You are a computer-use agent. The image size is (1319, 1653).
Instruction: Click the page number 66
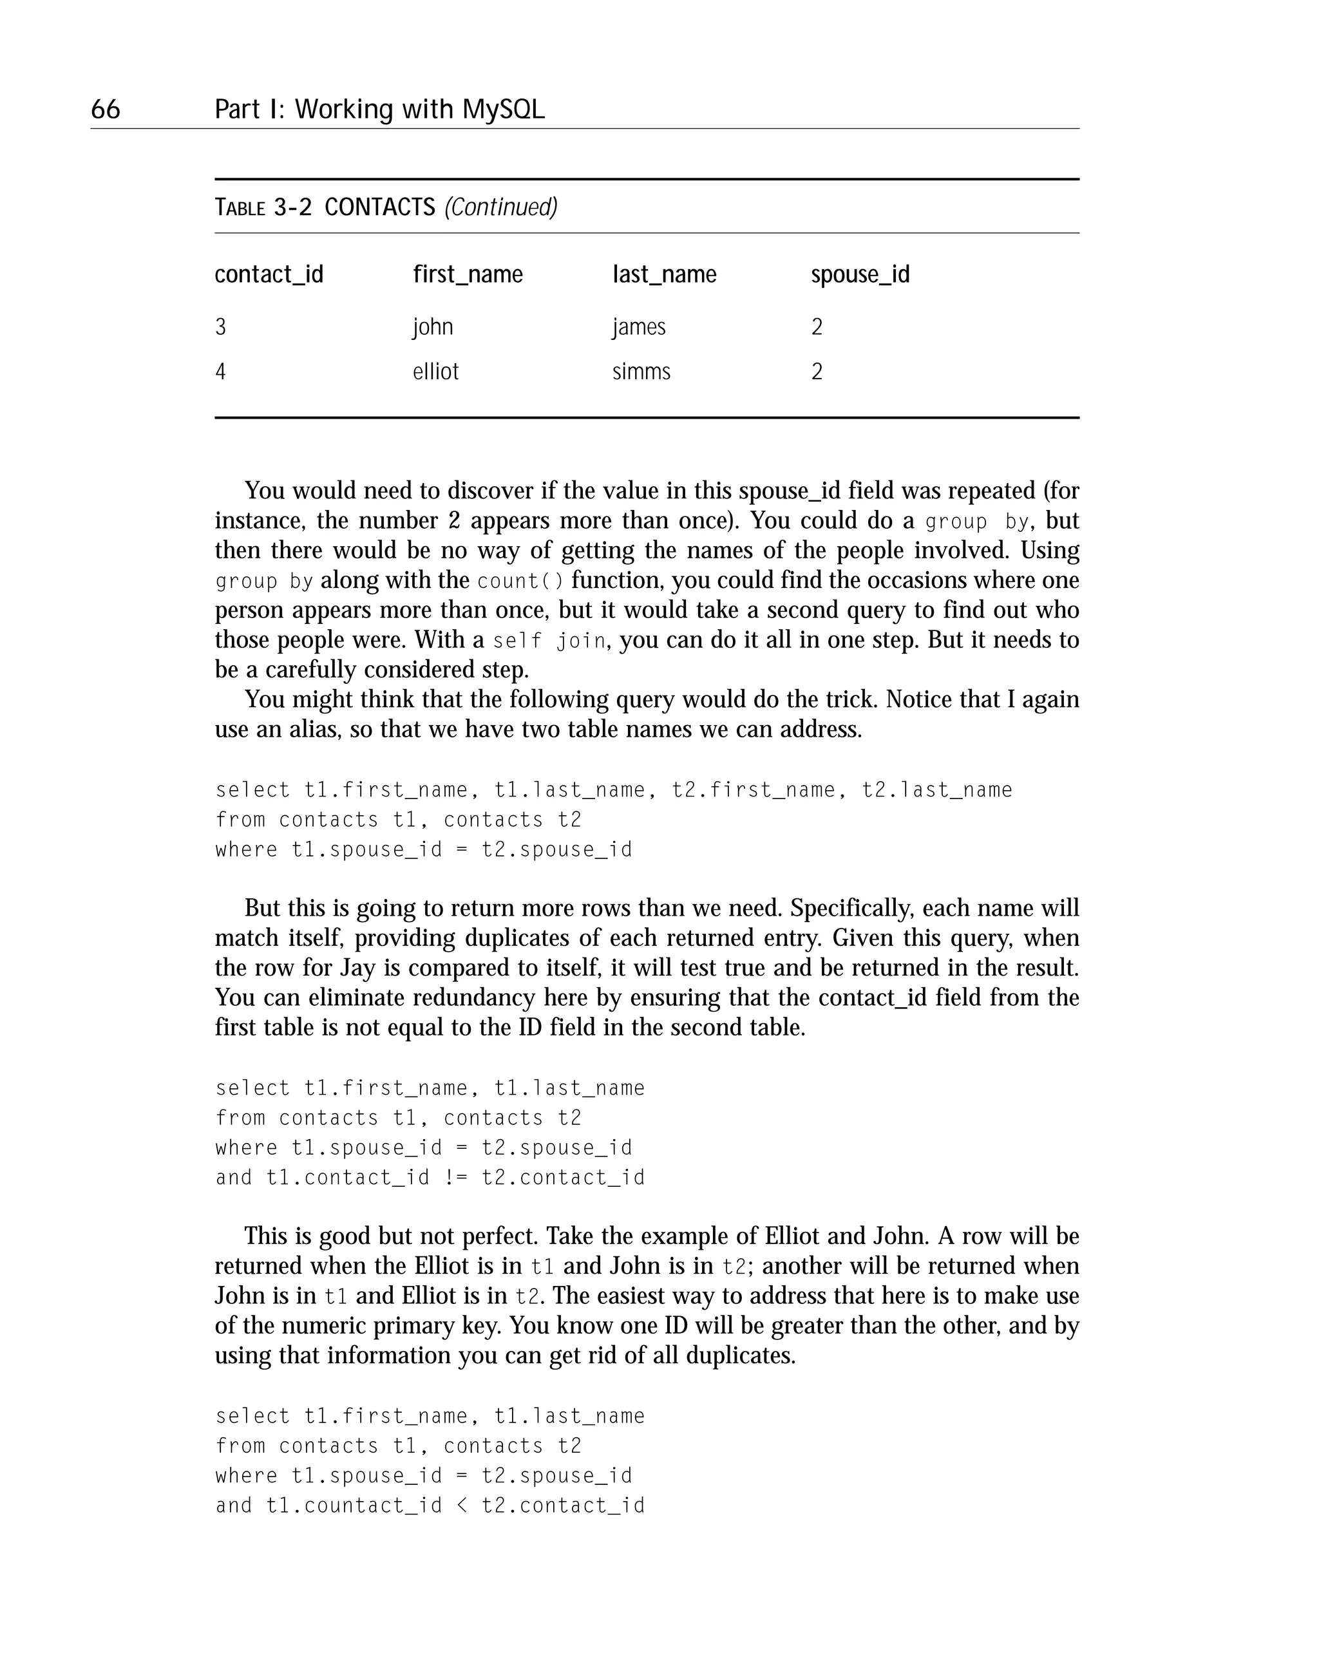click(105, 109)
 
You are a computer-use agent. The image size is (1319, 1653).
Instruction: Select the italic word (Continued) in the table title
click(501, 207)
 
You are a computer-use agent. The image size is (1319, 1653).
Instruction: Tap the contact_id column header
click(269, 274)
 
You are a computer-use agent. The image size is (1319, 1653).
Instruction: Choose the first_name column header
click(468, 274)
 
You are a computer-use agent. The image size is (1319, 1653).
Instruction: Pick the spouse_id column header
click(860, 274)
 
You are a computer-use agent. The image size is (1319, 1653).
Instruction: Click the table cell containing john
click(433, 327)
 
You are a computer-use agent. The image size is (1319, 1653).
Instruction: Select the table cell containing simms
click(641, 372)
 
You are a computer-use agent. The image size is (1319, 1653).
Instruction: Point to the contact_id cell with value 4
click(221, 372)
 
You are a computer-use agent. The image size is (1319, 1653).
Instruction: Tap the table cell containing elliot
click(435, 372)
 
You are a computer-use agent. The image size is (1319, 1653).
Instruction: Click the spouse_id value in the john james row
click(817, 327)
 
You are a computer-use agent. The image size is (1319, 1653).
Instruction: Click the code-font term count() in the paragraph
click(520, 581)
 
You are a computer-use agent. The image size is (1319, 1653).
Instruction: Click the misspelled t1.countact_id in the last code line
click(354, 1505)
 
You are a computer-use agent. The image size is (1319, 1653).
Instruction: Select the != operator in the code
click(455, 1177)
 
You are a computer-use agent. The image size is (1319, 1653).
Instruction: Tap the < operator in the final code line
click(462, 1505)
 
